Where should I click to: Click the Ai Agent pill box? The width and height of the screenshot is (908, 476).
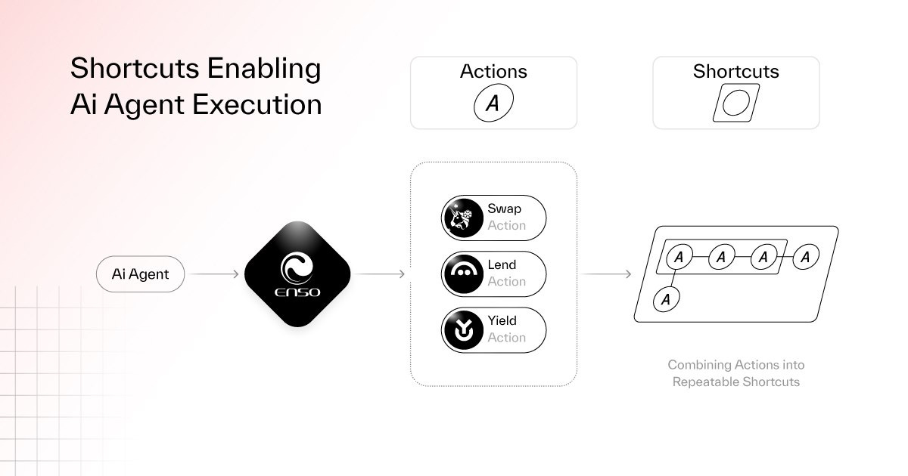(x=140, y=274)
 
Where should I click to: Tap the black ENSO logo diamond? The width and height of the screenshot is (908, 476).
(x=298, y=274)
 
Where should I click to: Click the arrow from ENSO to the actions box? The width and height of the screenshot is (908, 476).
(x=380, y=274)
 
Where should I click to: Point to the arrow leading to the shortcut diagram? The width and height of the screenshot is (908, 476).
(x=607, y=274)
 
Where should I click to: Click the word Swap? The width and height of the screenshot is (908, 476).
(x=504, y=209)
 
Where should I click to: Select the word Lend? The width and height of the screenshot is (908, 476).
(x=502, y=265)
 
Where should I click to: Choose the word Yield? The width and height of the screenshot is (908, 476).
(x=502, y=321)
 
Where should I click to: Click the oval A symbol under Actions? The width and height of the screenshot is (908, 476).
(x=493, y=104)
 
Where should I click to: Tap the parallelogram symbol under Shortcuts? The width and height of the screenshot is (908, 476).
(x=735, y=103)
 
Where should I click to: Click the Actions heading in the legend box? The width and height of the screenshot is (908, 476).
(x=493, y=72)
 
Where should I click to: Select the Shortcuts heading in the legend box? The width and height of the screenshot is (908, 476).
(x=735, y=72)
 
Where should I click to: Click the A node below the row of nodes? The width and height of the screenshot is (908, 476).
(x=667, y=299)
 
